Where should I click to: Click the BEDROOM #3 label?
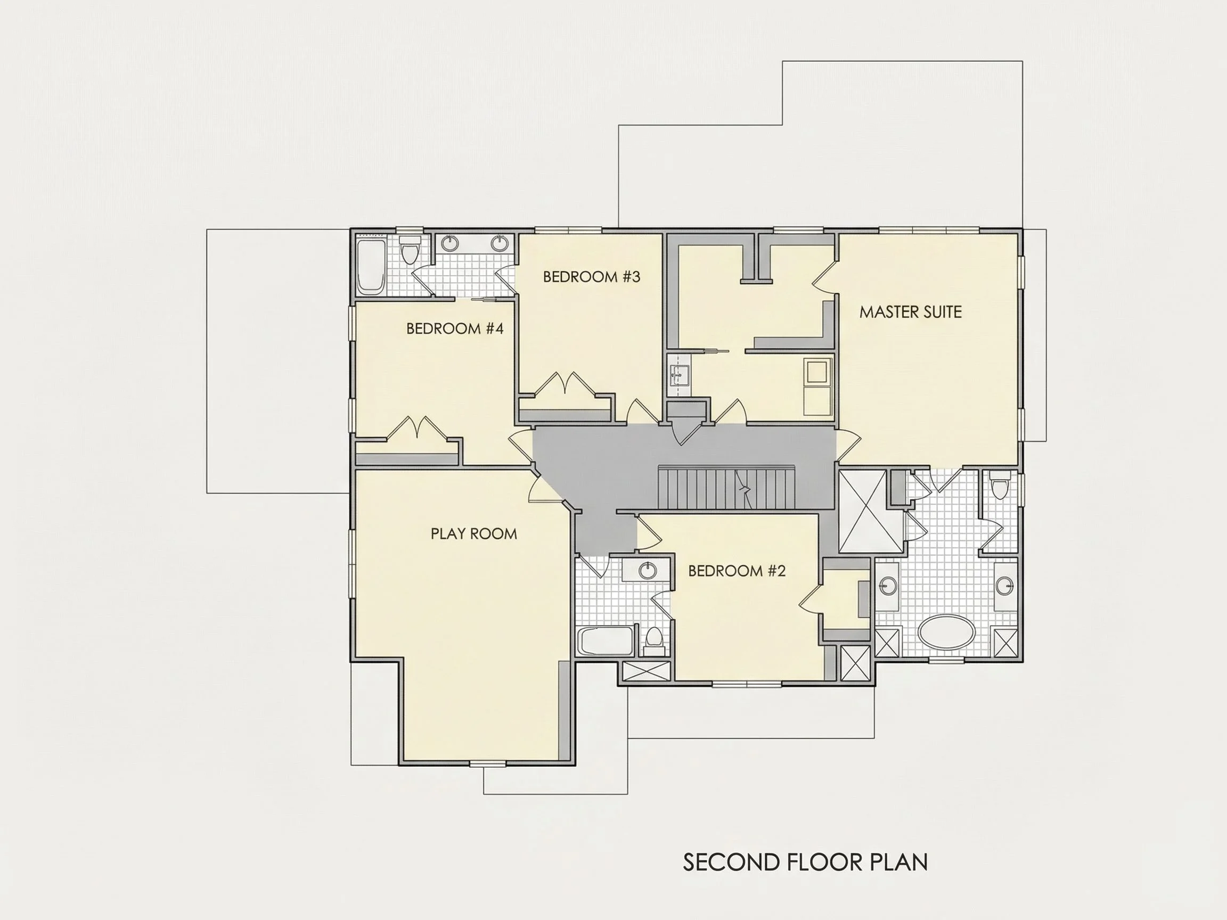click(591, 277)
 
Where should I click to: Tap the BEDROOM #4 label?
click(455, 329)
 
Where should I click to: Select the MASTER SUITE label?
click(910, 312)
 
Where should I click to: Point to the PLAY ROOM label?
click(474, 533)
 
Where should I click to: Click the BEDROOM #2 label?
click(737, 571)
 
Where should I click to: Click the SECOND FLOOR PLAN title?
click(805, 862)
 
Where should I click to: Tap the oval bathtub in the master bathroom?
click(946, 631)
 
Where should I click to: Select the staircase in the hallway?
click(726, 488)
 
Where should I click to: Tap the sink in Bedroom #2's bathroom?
click(647, 570)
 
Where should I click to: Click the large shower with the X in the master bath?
click(870, 511)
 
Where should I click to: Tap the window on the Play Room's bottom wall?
click(488, 763)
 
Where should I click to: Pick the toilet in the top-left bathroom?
click(411, 250)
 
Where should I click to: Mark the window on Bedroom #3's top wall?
click(568, 230)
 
